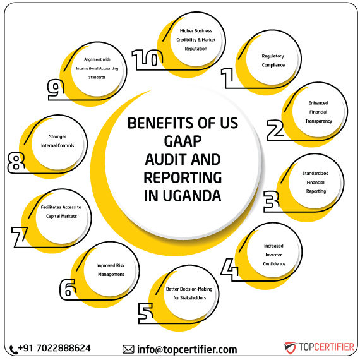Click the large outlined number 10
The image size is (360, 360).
point(147,60)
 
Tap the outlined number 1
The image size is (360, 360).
point(227,78)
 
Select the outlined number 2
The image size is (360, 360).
point(275,130)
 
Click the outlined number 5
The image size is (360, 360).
point(68,289)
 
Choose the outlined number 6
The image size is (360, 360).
point(20,237)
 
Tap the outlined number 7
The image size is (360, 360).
point(16,162)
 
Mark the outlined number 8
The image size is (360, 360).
point(56,90)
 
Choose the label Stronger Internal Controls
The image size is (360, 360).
point(57,141)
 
